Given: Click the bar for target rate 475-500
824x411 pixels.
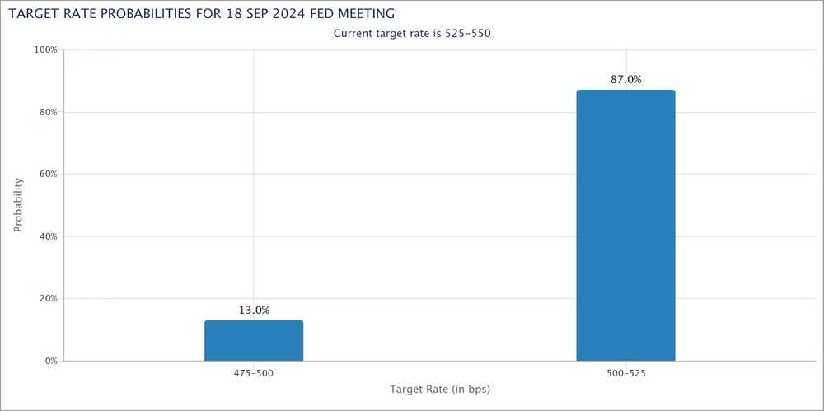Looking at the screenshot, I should click(254, 341).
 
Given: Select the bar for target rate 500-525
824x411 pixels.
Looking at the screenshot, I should click(625, 226).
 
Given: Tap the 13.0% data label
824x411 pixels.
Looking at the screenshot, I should click(254, 311).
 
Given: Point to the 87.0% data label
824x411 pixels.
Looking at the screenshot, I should click(625, 80).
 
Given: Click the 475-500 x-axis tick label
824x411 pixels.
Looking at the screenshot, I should click(254, 373).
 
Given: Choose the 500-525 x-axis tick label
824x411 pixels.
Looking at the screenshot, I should click(625, 373).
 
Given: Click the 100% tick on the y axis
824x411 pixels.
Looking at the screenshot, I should click(45, 49).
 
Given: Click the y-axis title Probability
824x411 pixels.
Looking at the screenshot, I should click(18, 205).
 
